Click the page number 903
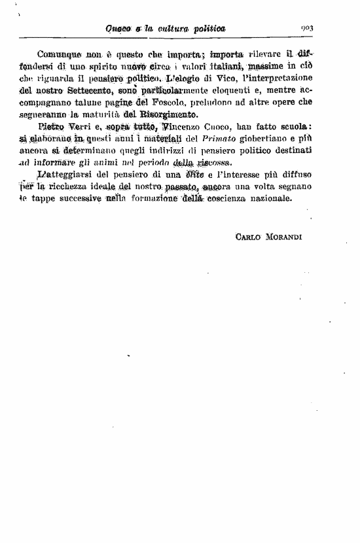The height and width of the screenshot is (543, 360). (x=308, y=28)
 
